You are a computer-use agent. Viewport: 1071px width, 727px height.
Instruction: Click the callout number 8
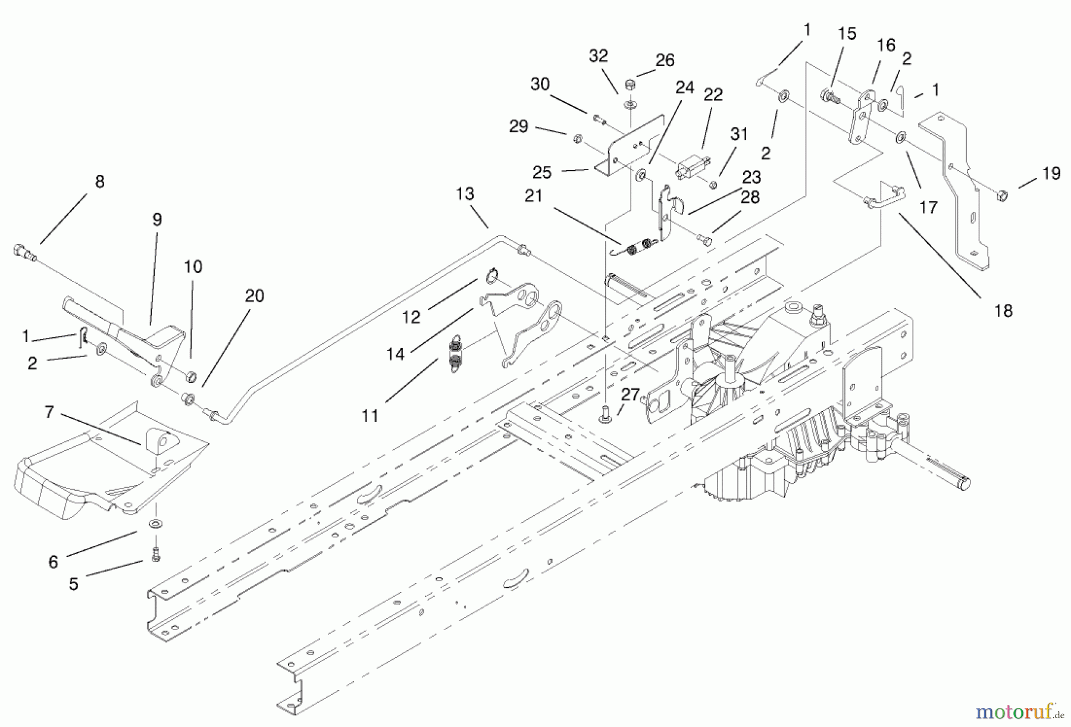click(100, 181)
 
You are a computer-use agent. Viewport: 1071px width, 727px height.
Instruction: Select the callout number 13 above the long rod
click(465, 194)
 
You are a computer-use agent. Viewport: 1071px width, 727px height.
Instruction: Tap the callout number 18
click(1003, 311)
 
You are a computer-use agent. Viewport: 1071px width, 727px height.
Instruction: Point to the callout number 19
click(1051, 174)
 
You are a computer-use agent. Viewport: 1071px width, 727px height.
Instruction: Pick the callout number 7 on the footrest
click(49, 412)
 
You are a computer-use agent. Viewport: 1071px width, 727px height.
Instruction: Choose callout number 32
click(598, 56)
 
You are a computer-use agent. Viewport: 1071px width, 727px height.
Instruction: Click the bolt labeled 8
click(21, 252)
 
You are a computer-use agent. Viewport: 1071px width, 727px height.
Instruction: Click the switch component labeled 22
click(690, 167)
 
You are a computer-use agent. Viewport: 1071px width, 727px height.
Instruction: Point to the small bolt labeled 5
click(156, 554)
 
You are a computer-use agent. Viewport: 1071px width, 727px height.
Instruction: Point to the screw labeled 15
click(829, 96)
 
